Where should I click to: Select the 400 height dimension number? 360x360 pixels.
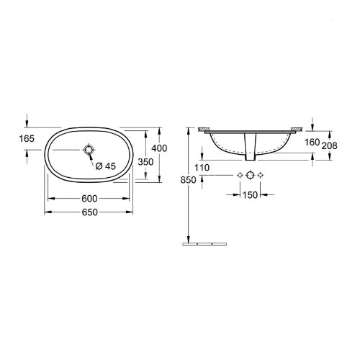click(162, 148)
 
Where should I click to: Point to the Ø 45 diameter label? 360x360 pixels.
click(105, 166)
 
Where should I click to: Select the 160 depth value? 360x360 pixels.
click(311, 142)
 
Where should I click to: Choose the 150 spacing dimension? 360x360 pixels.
click(251, 194)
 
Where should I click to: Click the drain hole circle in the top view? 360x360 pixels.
click(89, 150)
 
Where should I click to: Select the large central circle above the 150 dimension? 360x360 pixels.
click(250, 176)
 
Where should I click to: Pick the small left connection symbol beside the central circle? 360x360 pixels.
click(239, 176)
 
